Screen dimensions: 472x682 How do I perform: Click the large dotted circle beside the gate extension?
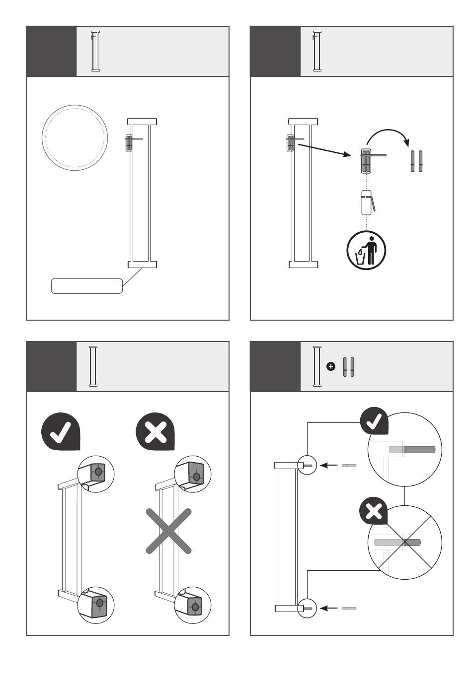[x=75, y=137]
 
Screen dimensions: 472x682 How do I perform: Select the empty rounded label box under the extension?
[x=87, y=286]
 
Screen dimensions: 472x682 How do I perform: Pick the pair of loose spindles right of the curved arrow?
[x=416, y=161]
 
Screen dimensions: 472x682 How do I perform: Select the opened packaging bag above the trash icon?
[x=368, y=203]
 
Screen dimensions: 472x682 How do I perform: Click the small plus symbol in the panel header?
[x=331, y=366]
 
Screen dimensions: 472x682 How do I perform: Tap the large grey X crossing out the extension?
[x=168, y=531]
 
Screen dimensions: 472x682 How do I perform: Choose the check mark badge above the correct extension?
[x=61, y=431]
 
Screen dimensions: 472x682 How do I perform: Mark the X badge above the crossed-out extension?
[x=156, y=431]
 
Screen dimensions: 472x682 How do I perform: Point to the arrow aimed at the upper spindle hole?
[x=328, y=466]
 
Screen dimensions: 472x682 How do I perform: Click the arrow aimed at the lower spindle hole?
[x=328, y=608]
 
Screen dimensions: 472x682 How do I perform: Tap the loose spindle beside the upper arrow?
[x=349, y=466]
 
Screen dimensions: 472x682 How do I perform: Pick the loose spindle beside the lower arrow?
[x=349, y=608]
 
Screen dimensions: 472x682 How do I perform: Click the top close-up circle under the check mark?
[x=96, y=473]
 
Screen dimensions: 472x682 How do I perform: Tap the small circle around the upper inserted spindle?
[x=307, y=466]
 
